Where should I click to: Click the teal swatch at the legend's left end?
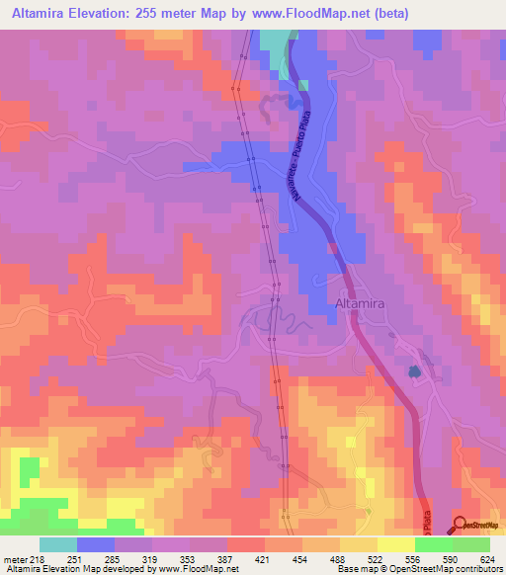coord(58,544)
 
